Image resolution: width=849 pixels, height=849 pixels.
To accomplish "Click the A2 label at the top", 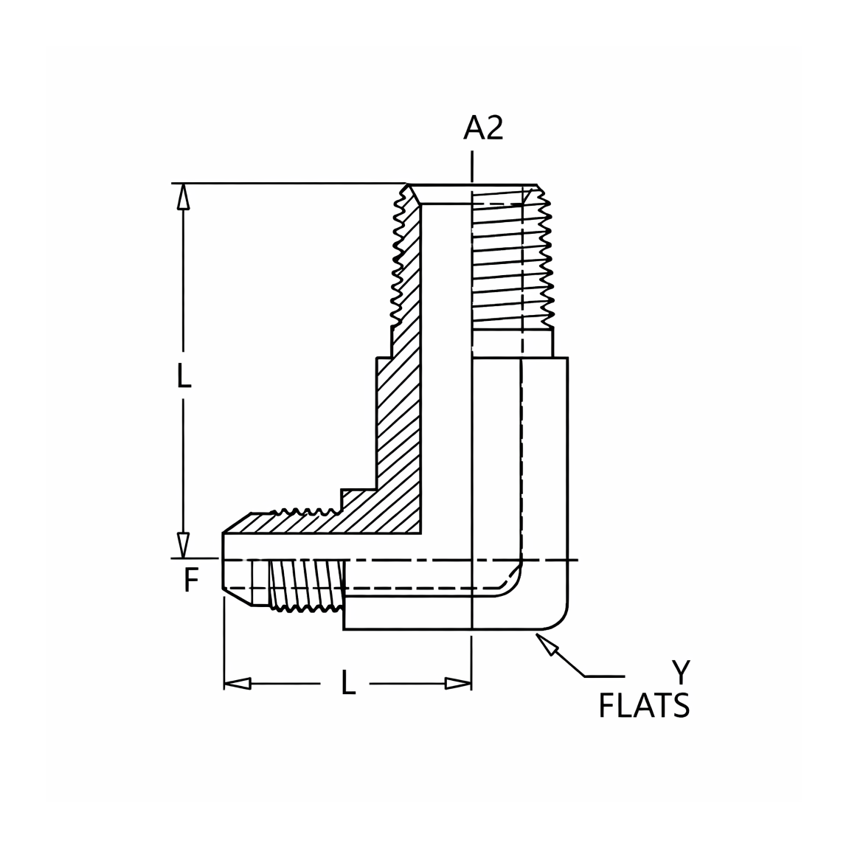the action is tap(483, 129).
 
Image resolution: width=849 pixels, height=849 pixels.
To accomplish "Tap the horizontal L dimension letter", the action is tap(348, 682).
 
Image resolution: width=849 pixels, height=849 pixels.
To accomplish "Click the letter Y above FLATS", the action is tap(681, 673).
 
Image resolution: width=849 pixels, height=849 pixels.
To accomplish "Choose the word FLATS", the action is tap(644, 706).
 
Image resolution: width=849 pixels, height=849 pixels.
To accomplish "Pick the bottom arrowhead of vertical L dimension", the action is tap(184, 544).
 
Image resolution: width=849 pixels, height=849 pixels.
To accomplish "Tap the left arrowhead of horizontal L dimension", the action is tap(238, 683).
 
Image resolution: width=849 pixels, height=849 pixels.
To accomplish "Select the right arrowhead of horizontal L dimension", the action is tap(458, 683).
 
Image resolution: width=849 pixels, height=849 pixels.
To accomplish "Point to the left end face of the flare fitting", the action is tap(223, 561).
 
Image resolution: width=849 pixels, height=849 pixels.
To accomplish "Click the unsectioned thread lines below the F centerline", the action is tap(306, 586).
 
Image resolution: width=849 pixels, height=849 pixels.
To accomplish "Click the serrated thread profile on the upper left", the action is tap(401, 254).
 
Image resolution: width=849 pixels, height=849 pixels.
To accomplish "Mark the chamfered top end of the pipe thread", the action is tap(472, 194).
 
